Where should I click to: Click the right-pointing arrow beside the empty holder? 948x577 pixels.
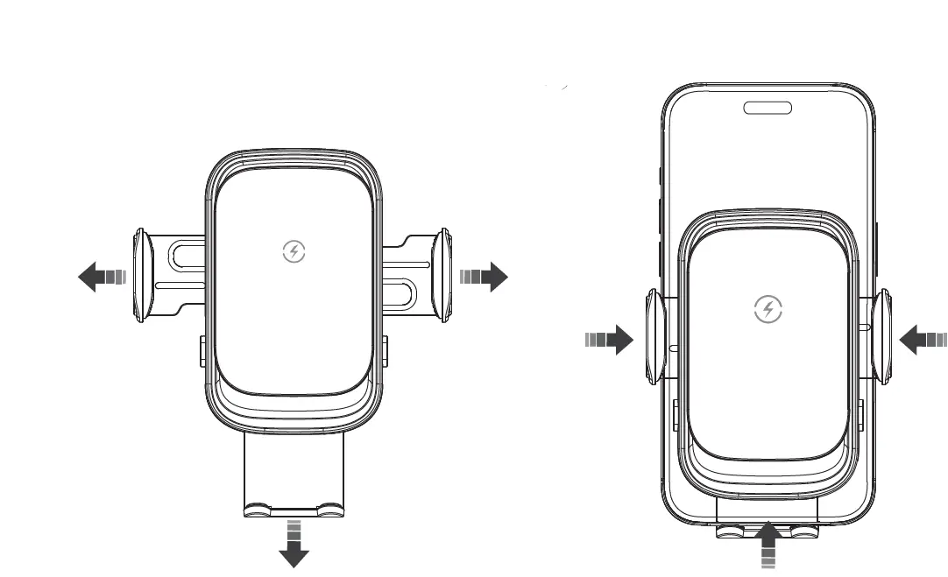485,278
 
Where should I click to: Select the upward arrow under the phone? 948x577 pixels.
768,544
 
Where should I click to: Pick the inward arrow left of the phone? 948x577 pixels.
609,340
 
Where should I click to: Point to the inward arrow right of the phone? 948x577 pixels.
923,340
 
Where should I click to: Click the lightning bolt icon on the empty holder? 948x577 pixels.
294,252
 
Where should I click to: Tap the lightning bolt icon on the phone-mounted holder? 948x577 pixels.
768,309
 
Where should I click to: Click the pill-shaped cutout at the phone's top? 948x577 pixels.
768,108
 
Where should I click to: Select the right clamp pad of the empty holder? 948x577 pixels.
443,277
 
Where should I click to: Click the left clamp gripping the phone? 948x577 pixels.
654,339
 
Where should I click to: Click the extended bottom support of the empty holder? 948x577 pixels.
294,477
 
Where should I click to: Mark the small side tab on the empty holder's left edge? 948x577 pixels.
202,349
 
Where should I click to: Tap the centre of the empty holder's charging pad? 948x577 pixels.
294,280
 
